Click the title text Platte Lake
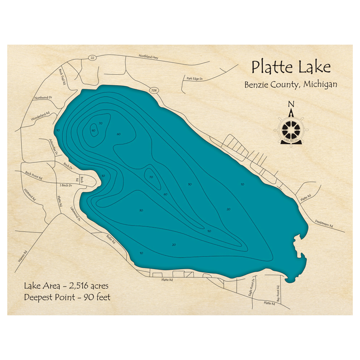[291, 67]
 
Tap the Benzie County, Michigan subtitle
[291, 85]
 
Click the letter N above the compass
[291, 104]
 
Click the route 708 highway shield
[154, 90]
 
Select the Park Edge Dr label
[195, 78]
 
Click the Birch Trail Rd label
[62, 76]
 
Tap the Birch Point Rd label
[33, 176]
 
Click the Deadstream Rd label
[324, 224]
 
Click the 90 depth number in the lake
[93, 130]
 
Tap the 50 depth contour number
[209, 231]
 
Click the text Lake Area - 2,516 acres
[66, 286]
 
